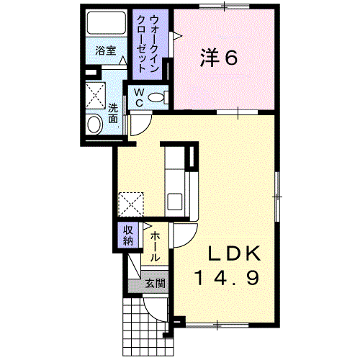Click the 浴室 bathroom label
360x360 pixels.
tap(106, 50)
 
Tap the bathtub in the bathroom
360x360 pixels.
tap(106, 22)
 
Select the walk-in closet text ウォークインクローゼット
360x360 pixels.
tap(147, 44)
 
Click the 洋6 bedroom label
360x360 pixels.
tap(219, 58)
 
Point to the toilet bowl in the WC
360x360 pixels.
tap(156, 97)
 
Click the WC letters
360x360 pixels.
tap(139, 97)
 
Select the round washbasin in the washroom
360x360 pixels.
tap(94, 124)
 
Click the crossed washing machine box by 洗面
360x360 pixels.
tap(96, 95)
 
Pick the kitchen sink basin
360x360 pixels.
tap(175, 202)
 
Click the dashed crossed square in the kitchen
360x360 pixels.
tap(131, 204)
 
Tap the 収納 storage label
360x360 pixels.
tap(128, 235)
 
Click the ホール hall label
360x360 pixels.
tap(155, 247)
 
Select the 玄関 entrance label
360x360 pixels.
tap(156, 284)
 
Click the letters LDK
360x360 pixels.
tap(234, 253)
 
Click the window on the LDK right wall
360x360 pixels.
tap(277, 197)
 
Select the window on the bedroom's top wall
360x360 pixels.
tap(225, 6)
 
